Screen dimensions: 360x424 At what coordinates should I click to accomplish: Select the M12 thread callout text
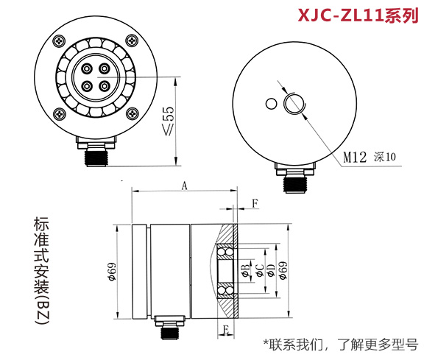click(357, 156)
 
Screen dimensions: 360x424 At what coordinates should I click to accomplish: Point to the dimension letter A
click(184, 187)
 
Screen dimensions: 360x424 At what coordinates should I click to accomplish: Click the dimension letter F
click(255, 202)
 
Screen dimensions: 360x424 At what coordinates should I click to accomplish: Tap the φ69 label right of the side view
click(283, 270)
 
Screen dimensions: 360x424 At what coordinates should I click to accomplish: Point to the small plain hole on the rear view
click(272, 104)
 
